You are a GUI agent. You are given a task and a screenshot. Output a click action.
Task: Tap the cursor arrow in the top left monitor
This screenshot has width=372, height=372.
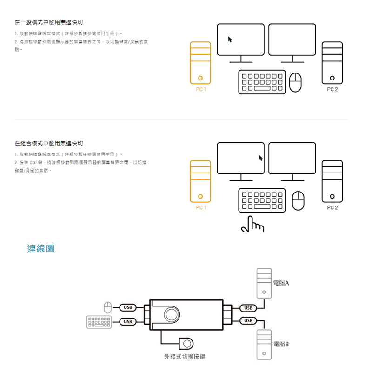coord(229,39)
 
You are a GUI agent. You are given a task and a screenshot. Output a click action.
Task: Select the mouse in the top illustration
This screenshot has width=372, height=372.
coord(296,82)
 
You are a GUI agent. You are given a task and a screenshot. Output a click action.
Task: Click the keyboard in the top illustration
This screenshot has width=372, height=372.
coord(262,82)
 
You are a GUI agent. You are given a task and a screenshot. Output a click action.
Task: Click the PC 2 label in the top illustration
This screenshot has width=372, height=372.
coord(332,89)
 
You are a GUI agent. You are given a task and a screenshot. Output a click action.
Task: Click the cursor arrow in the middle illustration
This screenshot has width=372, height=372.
coord(261,158)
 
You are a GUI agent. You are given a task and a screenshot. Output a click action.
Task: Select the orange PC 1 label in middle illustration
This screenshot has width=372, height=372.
coord(200,207)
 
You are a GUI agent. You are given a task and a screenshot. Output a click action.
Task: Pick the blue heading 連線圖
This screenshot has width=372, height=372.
coord(41,249)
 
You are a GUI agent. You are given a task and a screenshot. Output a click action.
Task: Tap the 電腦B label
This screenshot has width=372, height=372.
coord(281,344)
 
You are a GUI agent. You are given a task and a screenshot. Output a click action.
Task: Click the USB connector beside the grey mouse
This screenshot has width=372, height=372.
coord(127,307)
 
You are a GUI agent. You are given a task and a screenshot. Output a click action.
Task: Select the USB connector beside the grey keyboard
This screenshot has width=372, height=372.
coord(127,321)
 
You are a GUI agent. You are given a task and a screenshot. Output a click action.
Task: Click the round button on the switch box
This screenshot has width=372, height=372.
coord(171,314)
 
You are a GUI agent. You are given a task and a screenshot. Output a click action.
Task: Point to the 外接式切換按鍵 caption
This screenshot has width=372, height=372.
coord(185,357)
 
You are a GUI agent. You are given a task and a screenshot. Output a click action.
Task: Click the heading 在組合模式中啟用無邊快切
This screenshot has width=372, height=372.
coord(48,143)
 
